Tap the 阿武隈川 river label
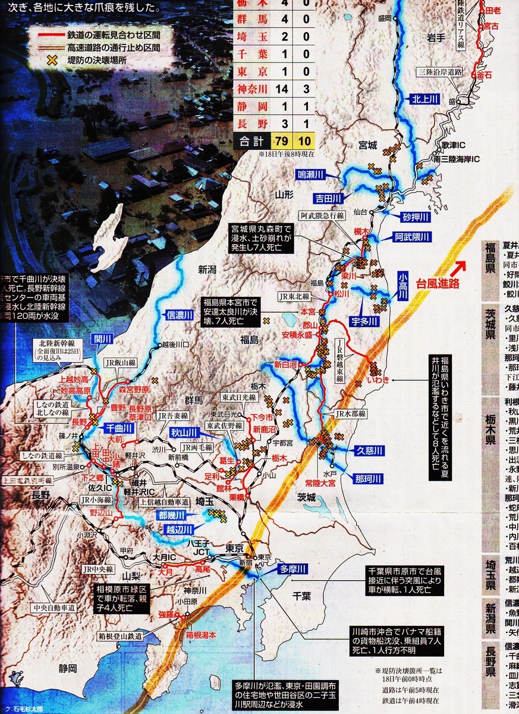(412, 237)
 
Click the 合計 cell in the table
(250, 141)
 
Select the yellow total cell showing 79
(282, 141)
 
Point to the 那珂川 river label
(368, 478)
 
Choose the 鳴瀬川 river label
(311, 174)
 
